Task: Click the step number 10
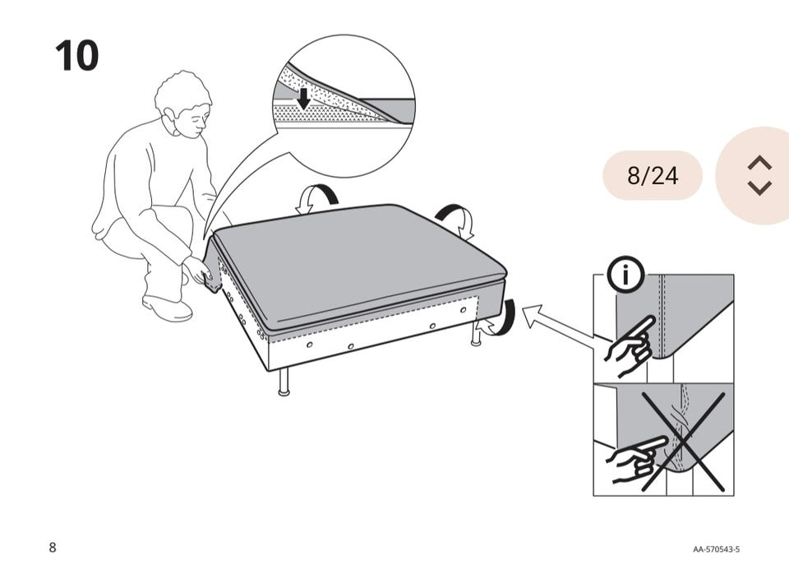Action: [x=76, y=55]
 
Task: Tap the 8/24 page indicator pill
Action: [x=652, y=175]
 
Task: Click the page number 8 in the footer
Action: [x=53, y=547]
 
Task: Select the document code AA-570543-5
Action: [x=716, y=549]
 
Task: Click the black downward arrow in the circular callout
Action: [x=303, y=99]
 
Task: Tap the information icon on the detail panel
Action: [x=625, y=275]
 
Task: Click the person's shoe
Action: [x=167, y=308]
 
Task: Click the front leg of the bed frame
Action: [x=284, y=381]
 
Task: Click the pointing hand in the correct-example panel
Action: [x=630, y=346]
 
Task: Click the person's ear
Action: [x=169, y=116]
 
